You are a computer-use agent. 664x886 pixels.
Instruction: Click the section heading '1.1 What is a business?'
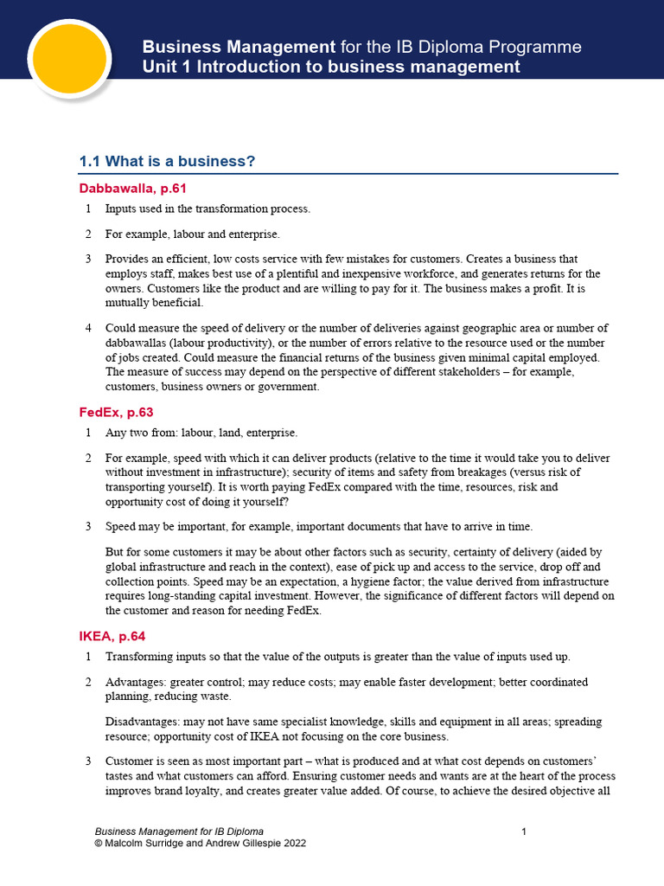[x=167, y=162]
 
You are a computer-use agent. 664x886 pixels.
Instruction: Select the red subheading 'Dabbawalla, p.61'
[x=133, y=188]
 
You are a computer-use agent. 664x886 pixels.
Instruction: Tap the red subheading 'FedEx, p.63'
[x=116, y=413]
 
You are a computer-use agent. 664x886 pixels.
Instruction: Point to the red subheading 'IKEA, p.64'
[x=112, y=636]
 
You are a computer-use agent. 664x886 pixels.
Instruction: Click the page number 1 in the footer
[x=524, y=831]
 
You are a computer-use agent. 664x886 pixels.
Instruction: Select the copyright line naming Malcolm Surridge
[x=200, y=843]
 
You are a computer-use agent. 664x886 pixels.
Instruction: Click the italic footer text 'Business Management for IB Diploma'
[x=179, y=831]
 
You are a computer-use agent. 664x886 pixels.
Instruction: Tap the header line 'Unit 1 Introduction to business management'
[x=331, y=67]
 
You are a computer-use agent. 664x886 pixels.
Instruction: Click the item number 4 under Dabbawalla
[x=88, y=328]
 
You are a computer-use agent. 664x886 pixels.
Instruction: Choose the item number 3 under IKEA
[x=88, y=761]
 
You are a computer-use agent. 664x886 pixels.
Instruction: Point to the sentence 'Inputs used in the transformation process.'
[x=207, y=209]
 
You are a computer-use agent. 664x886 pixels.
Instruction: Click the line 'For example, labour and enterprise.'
[x=193, y=234]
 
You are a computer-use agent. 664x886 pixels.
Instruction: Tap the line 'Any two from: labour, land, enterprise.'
[x=201, y=433]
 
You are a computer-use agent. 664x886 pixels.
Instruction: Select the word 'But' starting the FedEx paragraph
[x=114, y=551]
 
